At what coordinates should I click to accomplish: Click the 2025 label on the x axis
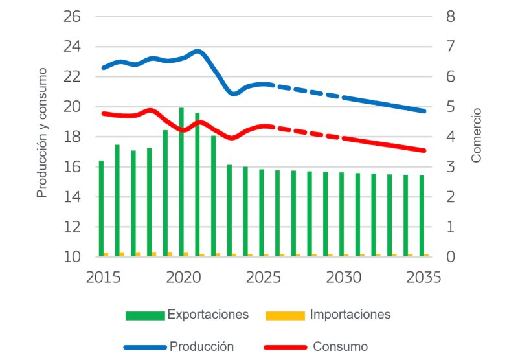point(263,277)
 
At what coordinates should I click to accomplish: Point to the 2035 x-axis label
point(424,277)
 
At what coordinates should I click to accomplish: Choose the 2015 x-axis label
point(103,277)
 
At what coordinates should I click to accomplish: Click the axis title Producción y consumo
point(42,132)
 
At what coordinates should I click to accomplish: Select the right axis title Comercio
point(477,135)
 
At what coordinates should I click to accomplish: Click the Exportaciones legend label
point(208,315)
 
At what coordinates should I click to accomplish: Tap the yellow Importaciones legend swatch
point(285,315)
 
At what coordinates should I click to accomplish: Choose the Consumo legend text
point(340,346)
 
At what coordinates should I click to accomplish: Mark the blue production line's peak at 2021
point(198,51)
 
